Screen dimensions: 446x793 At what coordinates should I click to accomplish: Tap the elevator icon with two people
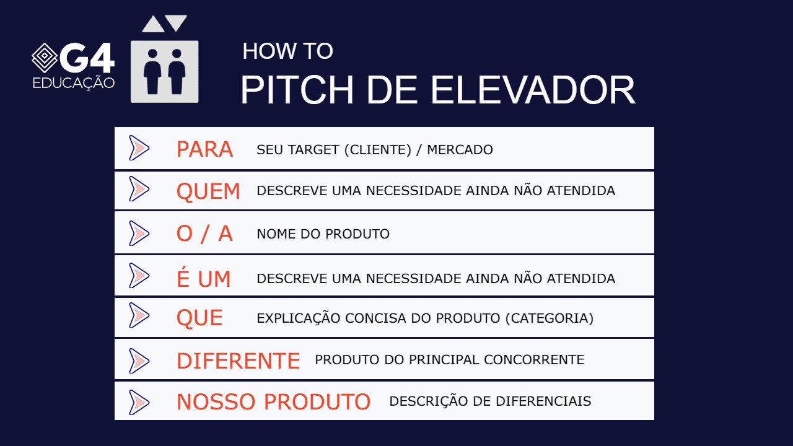(x=164, y=71)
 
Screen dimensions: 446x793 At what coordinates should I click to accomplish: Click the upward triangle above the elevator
(x=152, y=24)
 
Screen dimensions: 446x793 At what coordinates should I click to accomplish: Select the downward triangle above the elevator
(x=176, y=23)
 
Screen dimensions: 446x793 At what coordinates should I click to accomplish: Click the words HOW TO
(x=287, y=51)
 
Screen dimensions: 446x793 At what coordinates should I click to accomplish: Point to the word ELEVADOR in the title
(x=533, y=90)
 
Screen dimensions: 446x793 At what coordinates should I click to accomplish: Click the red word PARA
(x=204, y=149)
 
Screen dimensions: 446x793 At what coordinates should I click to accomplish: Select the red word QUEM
(x=208, y=191)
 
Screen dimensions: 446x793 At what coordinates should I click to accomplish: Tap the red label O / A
(x=204, y=234)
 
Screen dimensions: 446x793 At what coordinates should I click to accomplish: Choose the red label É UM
(x=203, y=279)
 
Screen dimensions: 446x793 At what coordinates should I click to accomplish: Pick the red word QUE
(x=199, y=318)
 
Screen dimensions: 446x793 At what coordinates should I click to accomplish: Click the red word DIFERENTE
(x=238, y=361)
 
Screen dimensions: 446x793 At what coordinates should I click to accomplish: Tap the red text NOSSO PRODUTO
(x=273, y=402)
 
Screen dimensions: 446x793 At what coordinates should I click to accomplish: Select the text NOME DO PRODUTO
(x=323, y=234)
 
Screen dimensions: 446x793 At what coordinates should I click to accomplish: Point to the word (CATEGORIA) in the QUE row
(x=550, y=318)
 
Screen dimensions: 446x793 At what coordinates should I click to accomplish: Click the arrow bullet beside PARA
(x=139, y=148)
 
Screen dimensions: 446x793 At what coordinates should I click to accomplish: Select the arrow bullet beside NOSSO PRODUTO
(x=139, y=402)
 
